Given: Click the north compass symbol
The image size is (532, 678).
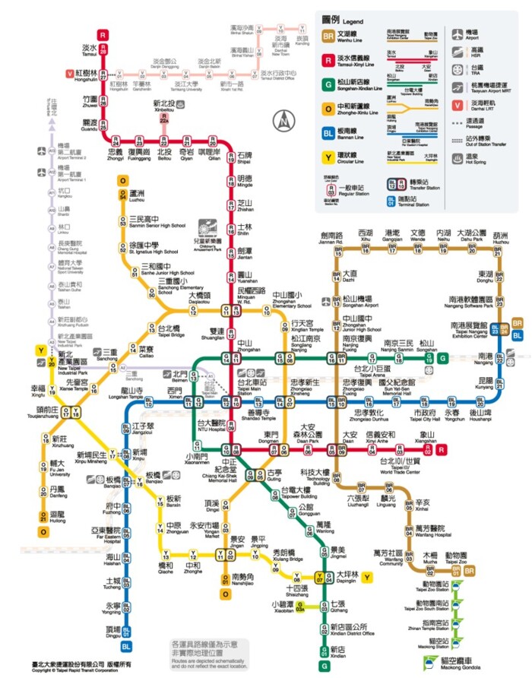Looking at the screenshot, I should click(283, 119).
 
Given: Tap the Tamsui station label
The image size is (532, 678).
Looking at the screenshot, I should click(90, 50).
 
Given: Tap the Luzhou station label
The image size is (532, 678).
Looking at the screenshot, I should click(138, 198).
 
